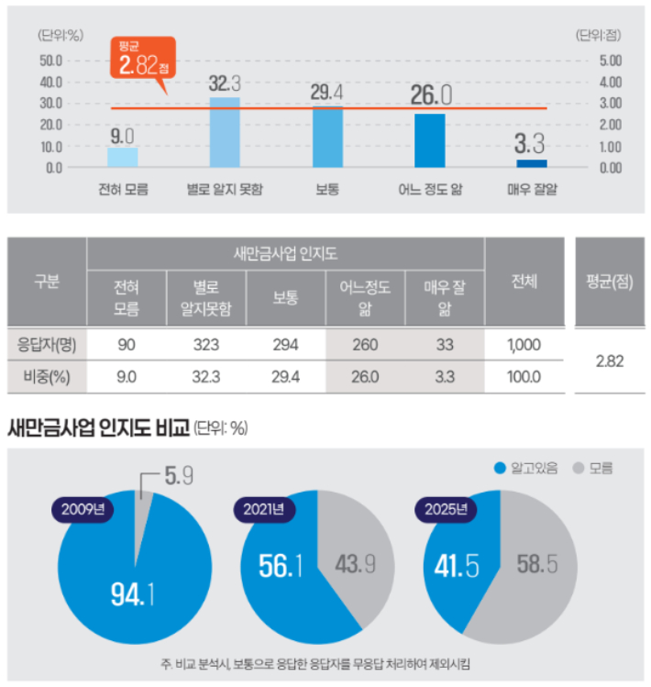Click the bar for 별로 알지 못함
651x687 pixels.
[x=226, y=132]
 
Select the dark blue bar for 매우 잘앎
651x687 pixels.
[x=532, y=163]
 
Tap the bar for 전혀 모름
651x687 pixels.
[x=123, y=157]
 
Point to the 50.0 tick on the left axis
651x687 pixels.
[x=51, y=61]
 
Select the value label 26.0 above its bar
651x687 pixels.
[x=432, y=95]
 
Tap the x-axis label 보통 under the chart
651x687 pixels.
[x=328, y=190]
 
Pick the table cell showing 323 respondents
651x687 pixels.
[x=205, y=345]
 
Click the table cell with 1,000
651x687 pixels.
[x=524, y=345]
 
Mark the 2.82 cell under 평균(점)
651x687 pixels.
[x=609, y=360]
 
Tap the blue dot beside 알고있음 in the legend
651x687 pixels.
[x=500, y=468]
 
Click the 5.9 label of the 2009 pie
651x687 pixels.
[x=177, y=477]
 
